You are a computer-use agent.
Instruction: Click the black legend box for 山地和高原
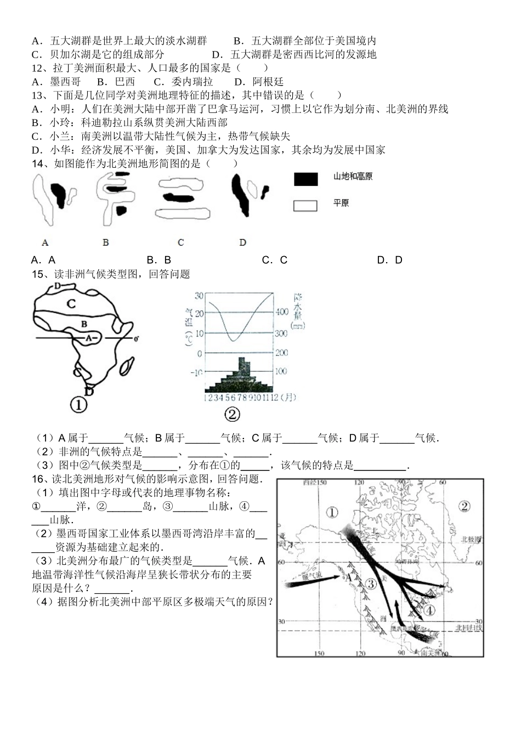(305, 178)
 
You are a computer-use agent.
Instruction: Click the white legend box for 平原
(305, 206)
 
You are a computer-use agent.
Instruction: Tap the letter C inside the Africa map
(71, 303)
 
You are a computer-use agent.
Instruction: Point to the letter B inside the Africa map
(84, 324)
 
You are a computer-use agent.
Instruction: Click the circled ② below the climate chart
(233, 413)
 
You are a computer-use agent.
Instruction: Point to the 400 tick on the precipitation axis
(281, 312)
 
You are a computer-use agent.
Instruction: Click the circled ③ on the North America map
(371, 584)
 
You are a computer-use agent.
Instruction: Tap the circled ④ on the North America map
(429, 610)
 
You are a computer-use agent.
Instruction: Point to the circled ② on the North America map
(465, 506)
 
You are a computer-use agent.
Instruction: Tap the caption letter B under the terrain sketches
(106, 242)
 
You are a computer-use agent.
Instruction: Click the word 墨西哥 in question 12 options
(65, 82)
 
